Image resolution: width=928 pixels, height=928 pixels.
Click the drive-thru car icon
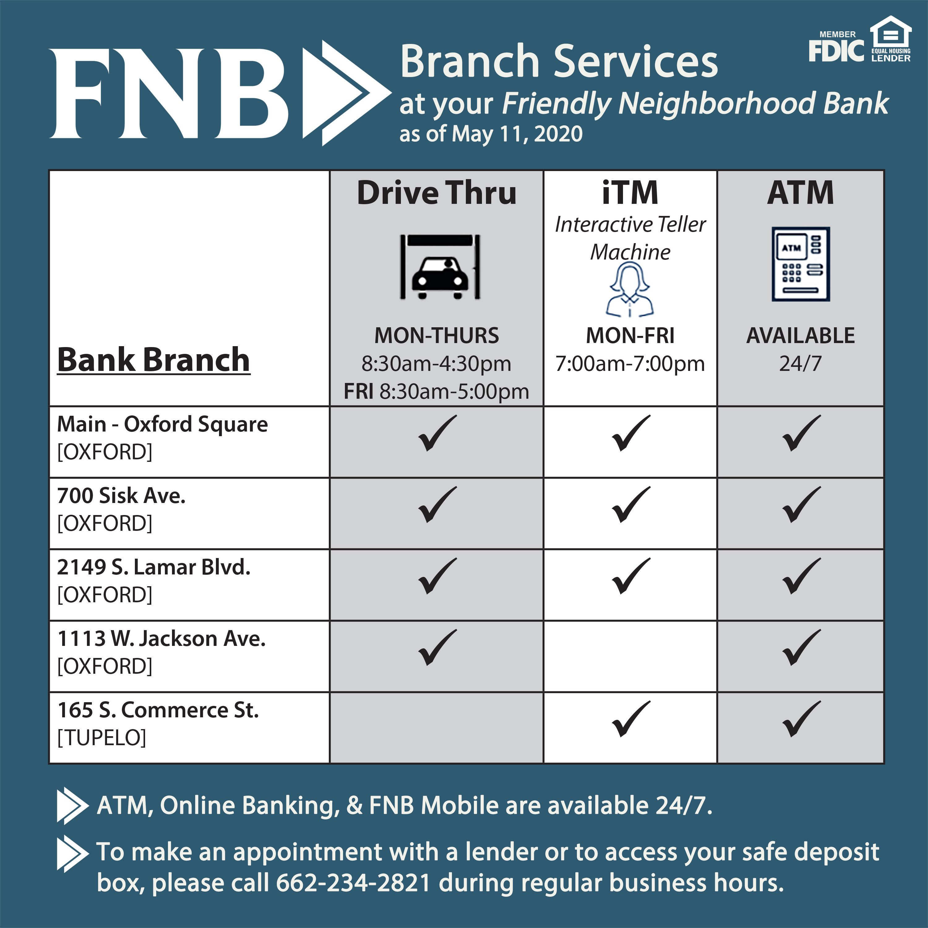pyautogui.click(x=440, y=267)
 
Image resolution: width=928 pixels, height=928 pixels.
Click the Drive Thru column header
pyautogui.click(x=436, y=193)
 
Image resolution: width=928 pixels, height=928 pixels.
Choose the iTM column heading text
pyautogui.click(x=630, y=193)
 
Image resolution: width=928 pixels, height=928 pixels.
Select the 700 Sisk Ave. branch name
pyautogui.click(x=121, y=496)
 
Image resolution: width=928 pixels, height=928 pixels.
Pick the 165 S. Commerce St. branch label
pyautogui.click(x=158, y=710)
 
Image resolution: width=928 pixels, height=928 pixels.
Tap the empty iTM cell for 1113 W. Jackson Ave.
pyautogui.click(x=630, y=656)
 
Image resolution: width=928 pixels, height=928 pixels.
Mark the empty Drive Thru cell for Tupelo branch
pyautogui.click(x=436, y=728)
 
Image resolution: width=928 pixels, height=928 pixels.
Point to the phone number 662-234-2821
pyautogui.click(x=353, y=883)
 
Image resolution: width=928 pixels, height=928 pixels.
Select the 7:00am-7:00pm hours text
pyautogui.click(x=630, y=363)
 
